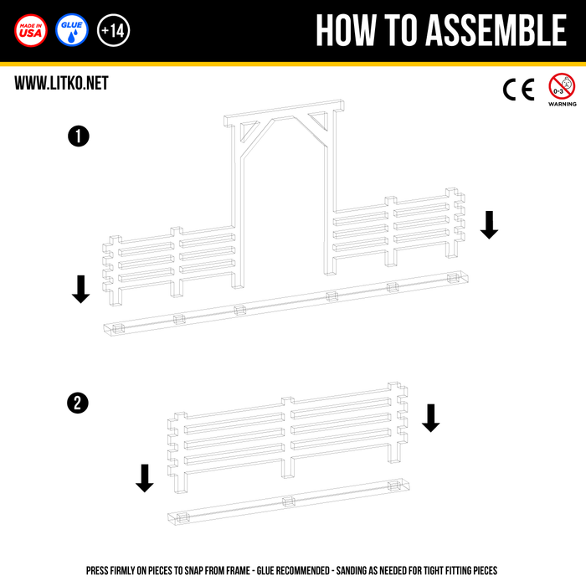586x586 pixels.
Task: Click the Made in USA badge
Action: pyautogui.click(x=31, y=30)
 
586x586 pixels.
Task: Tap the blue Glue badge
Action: pyautogui.click(x=72, y=30)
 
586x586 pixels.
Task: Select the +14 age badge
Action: pyautogui.click(x=113, y=30)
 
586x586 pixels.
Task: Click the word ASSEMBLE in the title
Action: pyautogui.click(x=496, y=30)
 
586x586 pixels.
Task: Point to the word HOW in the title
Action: pyautogui.click(x=346, y=30)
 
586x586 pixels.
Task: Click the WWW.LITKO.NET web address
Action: pyautogui.click(x=61, y=83)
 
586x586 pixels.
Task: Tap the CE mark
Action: pyautogui.click(x=519, y=90)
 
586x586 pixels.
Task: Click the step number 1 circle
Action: pyautogui.click(x=79, y=136)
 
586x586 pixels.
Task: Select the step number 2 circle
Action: pyautogui.click(x=78, y=404)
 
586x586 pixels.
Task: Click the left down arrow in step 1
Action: pyautogui.click(x=80, y=290)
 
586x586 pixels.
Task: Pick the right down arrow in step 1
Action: pyautogui.click(x=489, y=225)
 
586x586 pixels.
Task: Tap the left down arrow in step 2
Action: pyautogui.click(x=145, y=478)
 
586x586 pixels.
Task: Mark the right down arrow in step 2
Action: pyautogui.click(x=431, y=419)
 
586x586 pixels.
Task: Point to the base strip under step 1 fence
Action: pyautogui.click(x=286, y=303)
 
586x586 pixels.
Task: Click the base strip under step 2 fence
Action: pyautogui.click(x=289, y=501)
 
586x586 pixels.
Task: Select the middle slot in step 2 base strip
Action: pyautogui.click(x=289, y=501)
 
